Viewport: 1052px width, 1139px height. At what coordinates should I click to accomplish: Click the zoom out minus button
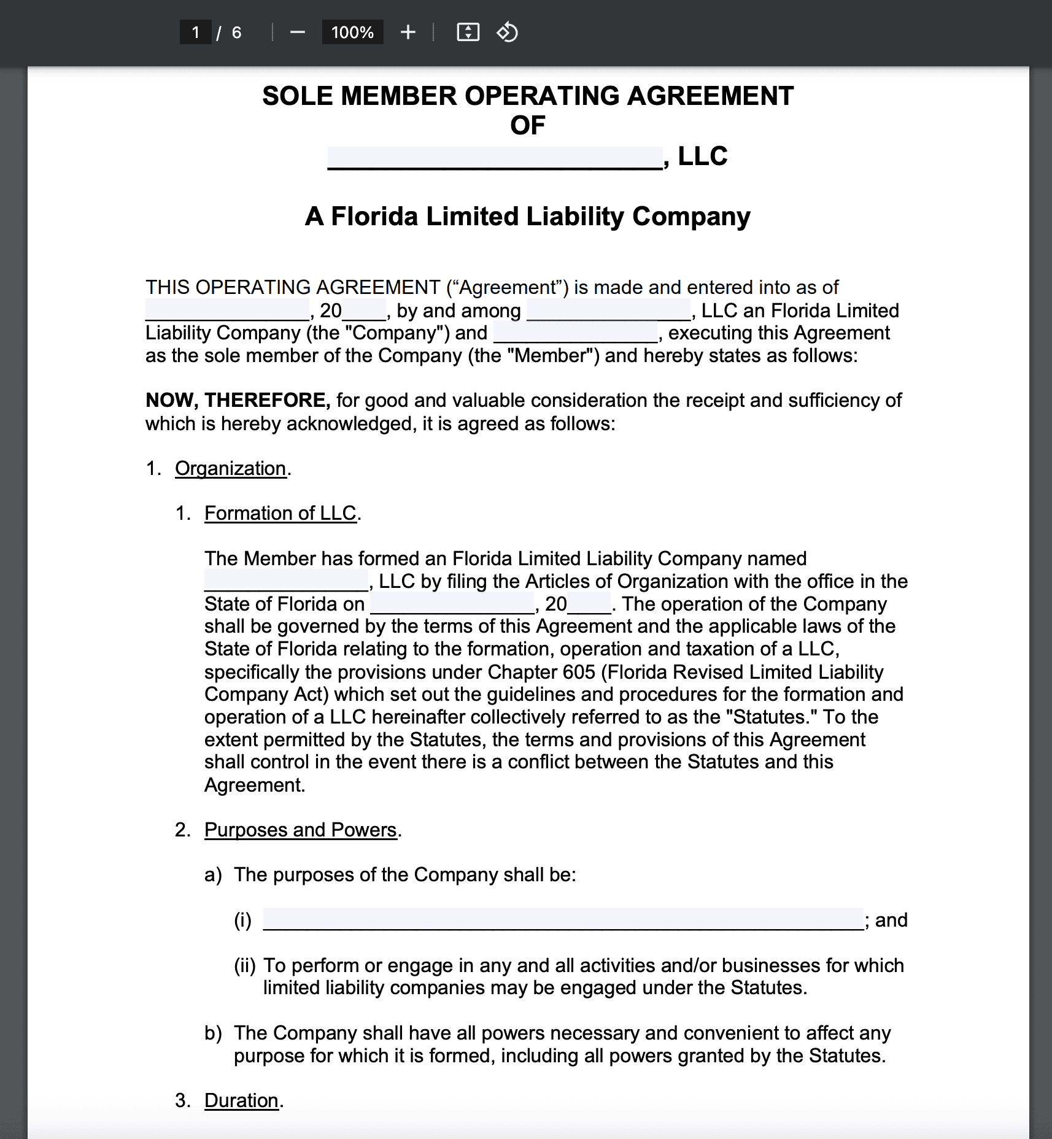pyautogui.click(x=298, y=33)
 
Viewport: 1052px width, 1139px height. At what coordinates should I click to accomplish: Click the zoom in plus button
pyautogui.click(x=408, y=33)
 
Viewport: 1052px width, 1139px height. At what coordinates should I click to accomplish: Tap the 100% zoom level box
pyautogui.click(x=352, y=33)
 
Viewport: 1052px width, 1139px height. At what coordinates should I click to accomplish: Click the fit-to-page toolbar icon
pyautogui.click(x=468, y=33)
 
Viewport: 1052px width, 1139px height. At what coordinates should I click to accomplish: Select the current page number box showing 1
pyautogui.click(x=196, y=33)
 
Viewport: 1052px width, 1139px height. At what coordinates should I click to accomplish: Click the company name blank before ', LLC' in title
pyautogui.click(x=495, y=158)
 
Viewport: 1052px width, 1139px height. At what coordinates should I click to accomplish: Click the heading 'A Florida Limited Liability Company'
pyautogui.click(x=527, y=217)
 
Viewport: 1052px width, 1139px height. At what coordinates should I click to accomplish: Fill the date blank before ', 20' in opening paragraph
pyautogui.click(x=227, y=310)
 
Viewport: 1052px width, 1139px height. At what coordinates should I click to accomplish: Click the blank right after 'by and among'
pyautogui.click(x=608, y=310)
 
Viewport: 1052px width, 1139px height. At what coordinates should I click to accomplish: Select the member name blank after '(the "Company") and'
pyautogui.click(x=575, y=333)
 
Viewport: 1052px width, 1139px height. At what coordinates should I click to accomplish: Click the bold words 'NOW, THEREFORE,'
pyautogui.click(x=238, y=400)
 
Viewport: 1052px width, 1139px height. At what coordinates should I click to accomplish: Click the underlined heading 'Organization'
pyautogui.click(x=231, y=468)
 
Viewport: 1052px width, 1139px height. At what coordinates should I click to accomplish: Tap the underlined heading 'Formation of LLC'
pyautogui.click(x=280, y=513)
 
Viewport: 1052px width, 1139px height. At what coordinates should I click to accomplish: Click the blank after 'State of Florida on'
pyautogui.click(x=452, y=604)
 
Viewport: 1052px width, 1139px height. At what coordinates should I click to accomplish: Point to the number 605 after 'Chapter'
pyautogui.click(x=579, y=672)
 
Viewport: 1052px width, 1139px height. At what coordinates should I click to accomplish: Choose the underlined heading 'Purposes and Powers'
pyautogui.click(x=300, y=830)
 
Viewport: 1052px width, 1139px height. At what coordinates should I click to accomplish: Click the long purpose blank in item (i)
pyautogui.click(x=563, y=919)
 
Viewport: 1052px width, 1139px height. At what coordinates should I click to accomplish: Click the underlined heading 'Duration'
pyautogui.click(x=241, y=1100)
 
